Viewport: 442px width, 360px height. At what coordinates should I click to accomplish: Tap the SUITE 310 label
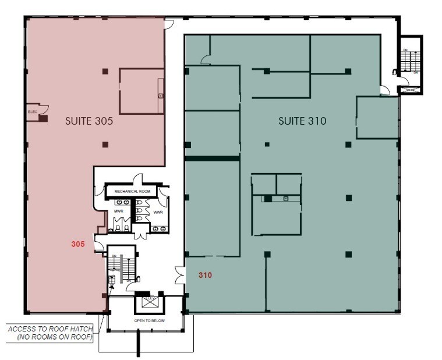tap(302, 121)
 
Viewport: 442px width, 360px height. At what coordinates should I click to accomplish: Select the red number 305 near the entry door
tap(78, 245)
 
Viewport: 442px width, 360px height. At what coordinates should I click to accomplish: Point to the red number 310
tap(204, 274)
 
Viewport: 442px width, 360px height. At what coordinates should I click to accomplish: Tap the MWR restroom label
tap(118, 210)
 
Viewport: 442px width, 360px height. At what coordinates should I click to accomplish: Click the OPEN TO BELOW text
tap(147, 320)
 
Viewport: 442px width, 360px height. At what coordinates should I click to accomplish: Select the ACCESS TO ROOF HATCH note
tap(49, 333)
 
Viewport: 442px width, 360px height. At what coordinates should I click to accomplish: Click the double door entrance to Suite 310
tap(180, 274)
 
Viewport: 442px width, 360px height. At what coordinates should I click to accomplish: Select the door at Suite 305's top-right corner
tap(168, 24)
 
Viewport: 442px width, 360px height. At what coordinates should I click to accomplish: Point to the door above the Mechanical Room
tap(137, 179)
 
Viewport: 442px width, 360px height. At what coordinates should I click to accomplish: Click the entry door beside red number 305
tap(99, 246)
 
